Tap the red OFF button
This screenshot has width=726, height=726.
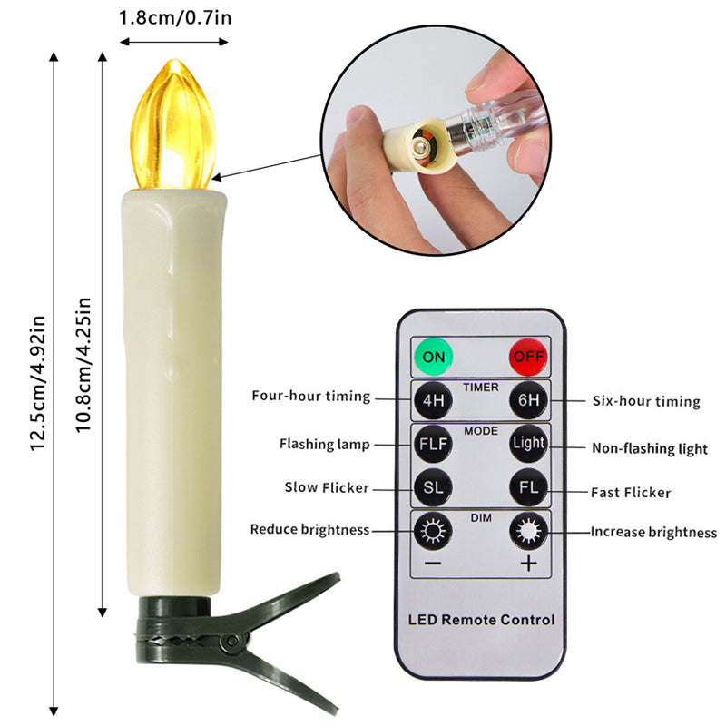pos(528,356)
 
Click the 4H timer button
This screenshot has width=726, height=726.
pos(433,399)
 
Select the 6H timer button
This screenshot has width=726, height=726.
pos(528,399)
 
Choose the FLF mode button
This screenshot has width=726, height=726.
pos(433,445)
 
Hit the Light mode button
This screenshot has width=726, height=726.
pos(528,445)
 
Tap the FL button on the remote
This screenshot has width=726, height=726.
pos(528,488)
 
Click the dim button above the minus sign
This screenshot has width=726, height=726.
pos(433,531)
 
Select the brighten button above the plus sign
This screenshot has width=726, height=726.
pos(528,531)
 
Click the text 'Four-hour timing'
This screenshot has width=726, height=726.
pos(310,397)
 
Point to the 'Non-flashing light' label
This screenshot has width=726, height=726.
pos(650,448)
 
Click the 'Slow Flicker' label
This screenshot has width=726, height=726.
pos(326,488)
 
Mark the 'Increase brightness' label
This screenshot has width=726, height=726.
pos(653,533)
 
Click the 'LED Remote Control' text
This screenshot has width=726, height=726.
pos(481,620)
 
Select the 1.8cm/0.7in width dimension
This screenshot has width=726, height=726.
pos(174,17)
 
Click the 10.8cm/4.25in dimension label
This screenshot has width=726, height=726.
pos(84,363)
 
